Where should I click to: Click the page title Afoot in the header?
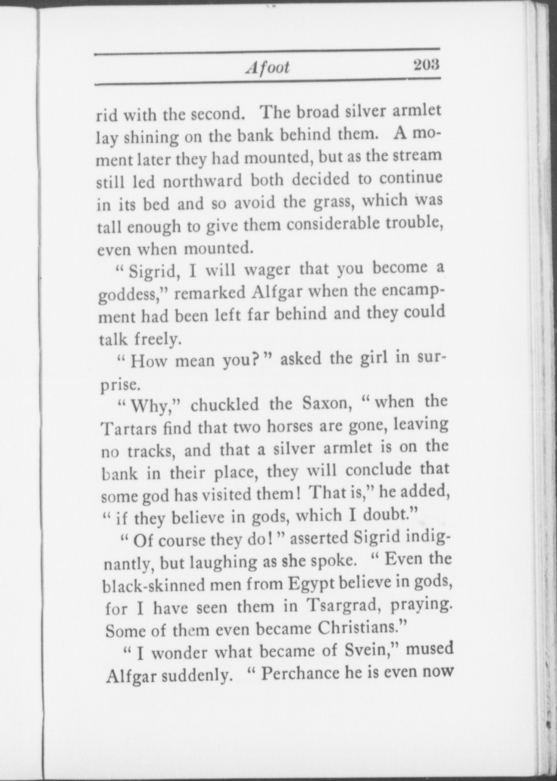coord(267,67)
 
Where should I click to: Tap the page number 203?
coord(427,64)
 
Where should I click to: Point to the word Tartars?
coord(129,429)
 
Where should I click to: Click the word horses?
coord(291,427)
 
